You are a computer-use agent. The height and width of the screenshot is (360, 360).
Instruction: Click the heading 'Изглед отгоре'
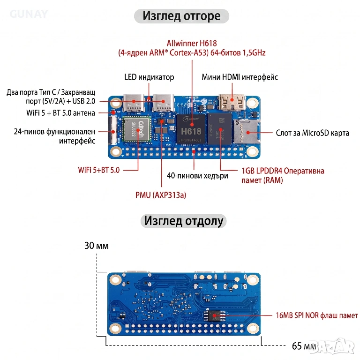(181, 16)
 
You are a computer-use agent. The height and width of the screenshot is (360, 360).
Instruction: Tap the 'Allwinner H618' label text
(192, 44)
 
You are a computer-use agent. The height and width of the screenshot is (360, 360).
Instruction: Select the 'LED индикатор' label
(149, 77)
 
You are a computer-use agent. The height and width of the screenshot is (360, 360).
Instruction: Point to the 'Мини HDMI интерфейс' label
(240, 77)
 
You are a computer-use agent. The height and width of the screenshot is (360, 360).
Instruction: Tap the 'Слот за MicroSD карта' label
(313, 133)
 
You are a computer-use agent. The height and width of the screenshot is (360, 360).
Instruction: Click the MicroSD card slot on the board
(244, 129)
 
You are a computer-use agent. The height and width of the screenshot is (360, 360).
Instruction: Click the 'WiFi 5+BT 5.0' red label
(99, 170)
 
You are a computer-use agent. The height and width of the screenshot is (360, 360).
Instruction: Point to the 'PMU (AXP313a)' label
(161, 195)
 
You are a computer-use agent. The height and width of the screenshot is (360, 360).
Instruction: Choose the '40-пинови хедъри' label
(197, 176)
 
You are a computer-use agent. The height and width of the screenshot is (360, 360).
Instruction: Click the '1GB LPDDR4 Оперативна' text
(283, 171)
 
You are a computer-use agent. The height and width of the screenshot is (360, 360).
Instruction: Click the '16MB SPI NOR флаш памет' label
(317, 315)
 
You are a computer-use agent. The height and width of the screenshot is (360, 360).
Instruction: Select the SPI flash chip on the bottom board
(215, 315)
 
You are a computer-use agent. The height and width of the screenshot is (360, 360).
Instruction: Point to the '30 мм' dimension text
(96, 246)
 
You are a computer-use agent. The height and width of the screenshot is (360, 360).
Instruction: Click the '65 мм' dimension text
(303, 346)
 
